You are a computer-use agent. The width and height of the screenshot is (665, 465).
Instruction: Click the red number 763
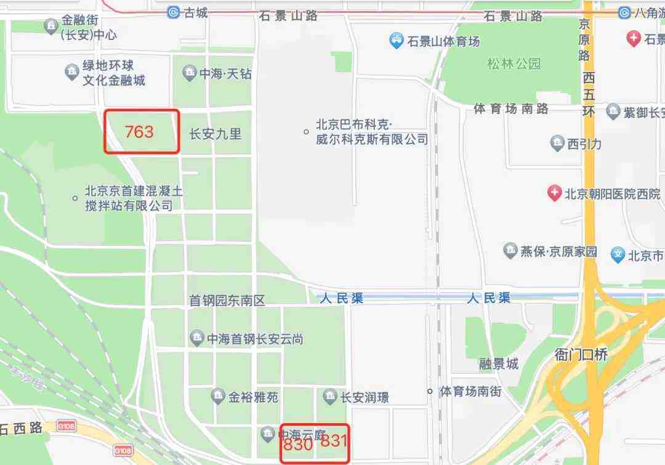click(x=139, y=132)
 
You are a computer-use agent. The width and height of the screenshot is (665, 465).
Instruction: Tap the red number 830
click(x=298, y=444)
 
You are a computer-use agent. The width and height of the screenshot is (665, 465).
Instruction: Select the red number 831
click(x=334, y=441)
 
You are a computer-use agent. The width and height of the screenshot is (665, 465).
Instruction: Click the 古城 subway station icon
click(x=174, y=12)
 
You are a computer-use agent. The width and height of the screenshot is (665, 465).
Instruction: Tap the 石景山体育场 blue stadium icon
click(x=397, y=42)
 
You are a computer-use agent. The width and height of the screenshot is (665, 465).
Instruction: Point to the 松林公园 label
click(x=514, y=64)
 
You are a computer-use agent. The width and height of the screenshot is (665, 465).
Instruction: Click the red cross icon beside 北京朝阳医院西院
click(x=555, y=193)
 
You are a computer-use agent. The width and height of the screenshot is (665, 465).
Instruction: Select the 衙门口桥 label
click(x=581, y=354)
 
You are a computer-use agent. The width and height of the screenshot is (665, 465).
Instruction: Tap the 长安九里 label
click(x=215, y=134)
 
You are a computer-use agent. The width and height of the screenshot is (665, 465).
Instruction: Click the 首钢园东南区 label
click(x=227, y=301)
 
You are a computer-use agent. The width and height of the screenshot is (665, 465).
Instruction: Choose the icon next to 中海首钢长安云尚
click(x=196, y=338)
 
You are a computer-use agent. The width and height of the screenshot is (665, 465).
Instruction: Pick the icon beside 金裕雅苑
click(x=217, y=397)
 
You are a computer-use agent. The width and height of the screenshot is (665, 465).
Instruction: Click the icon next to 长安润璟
click(x=330, y=397)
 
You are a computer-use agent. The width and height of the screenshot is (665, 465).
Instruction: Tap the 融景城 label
click(x=499, y=364)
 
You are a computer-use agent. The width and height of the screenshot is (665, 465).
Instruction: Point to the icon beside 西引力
click(x=557, y=144)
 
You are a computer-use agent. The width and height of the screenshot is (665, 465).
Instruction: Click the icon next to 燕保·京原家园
click(x=510, y=251)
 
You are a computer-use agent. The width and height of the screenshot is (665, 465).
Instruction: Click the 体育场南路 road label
click(x=510, y=109)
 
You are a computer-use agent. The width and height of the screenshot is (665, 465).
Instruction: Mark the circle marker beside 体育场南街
click(x=430, y=391)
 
